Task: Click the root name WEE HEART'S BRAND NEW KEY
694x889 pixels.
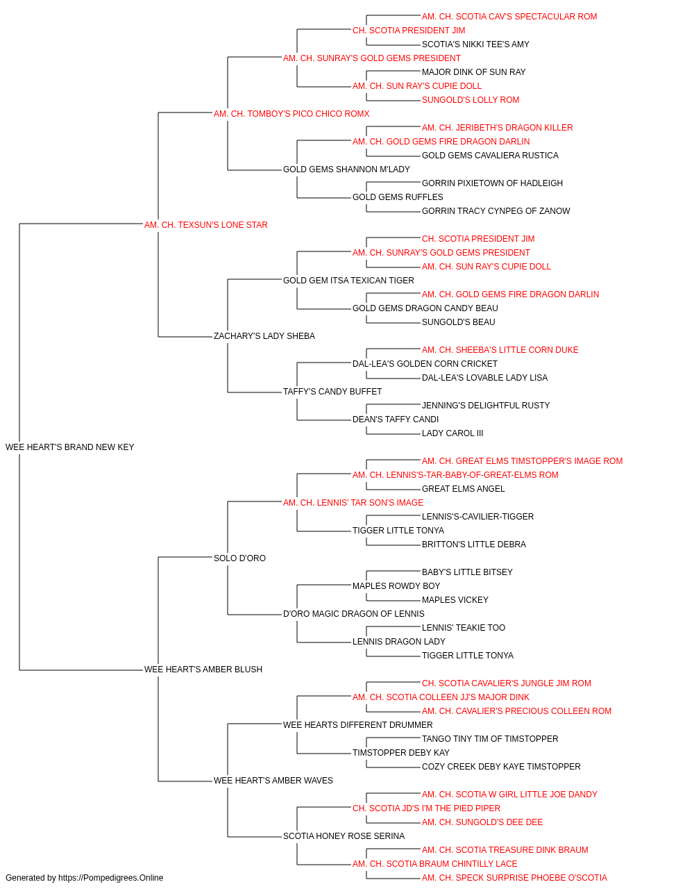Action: click(70, 447)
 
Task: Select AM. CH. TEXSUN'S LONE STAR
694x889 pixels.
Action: click(206, 224)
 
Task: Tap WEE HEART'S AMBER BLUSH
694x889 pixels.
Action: click(203, 670)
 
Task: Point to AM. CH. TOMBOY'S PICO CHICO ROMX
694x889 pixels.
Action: click(291, 114)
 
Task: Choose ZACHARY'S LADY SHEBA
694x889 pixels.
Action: click(264, 336)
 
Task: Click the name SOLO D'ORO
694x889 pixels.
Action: click(239, 558)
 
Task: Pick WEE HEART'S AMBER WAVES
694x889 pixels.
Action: click(273, 780)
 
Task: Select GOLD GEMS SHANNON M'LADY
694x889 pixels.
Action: click(346, 169)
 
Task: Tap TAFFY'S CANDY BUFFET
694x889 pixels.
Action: click(332, 392)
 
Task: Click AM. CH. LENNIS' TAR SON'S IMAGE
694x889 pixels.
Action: click(353, 502)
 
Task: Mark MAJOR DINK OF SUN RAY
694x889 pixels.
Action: click(474, 72)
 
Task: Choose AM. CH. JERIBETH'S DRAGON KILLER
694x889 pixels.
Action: click(498, 128)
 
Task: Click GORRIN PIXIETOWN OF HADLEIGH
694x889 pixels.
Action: click(493, 183)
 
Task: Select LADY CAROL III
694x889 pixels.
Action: click(452, 433)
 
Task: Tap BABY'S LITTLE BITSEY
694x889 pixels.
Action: click(467, 572)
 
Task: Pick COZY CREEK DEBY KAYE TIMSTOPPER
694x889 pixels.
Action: click(501, 766)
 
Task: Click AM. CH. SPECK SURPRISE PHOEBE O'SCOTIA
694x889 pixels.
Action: click(514, 878)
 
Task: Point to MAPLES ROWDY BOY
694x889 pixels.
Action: click(396, 586)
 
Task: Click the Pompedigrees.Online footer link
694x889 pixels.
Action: click(111, 878)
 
